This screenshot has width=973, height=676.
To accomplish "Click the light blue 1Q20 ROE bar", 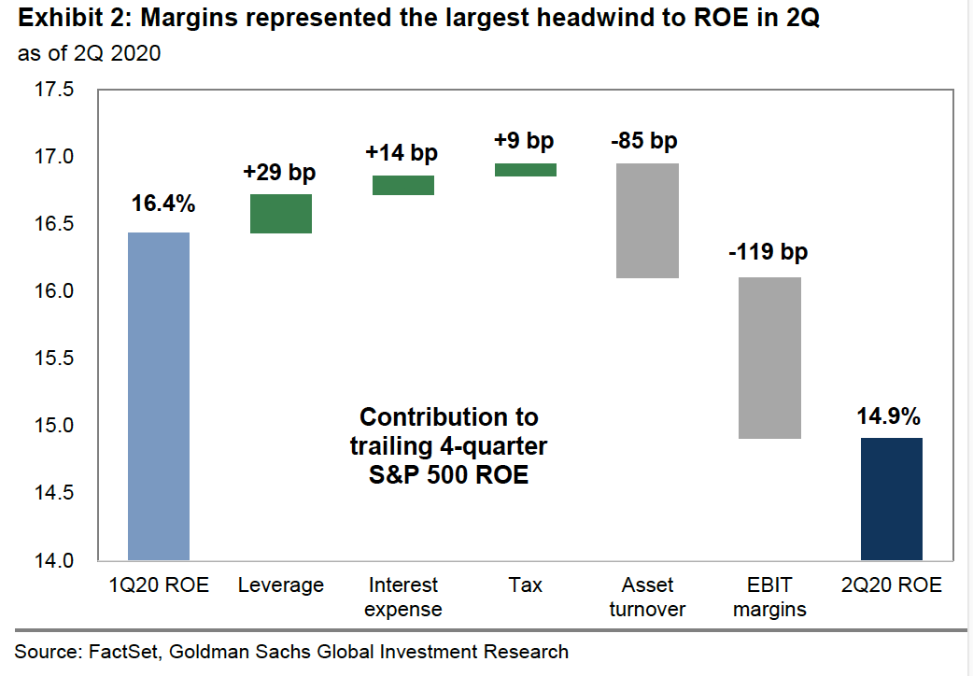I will (x=158, y=396).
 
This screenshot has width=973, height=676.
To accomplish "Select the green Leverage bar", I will (x=280, y=213).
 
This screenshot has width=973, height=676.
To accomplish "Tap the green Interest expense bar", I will (x=403, y=185).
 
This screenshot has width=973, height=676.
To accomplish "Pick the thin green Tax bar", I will (x=525, y=169).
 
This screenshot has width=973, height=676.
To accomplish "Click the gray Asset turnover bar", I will (x=647, y=220).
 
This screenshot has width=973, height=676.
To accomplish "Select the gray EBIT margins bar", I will (x=769, y=358).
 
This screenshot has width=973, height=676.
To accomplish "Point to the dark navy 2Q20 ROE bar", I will (x=891, y=499).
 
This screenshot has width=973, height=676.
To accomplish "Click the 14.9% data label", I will (x=891, y=414).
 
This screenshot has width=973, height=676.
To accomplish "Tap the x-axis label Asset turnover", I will (x=647, y=598).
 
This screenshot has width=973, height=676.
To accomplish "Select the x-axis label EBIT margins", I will (x=769, y=598).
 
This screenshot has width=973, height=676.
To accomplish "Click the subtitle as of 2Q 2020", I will (x=89, y=53).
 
